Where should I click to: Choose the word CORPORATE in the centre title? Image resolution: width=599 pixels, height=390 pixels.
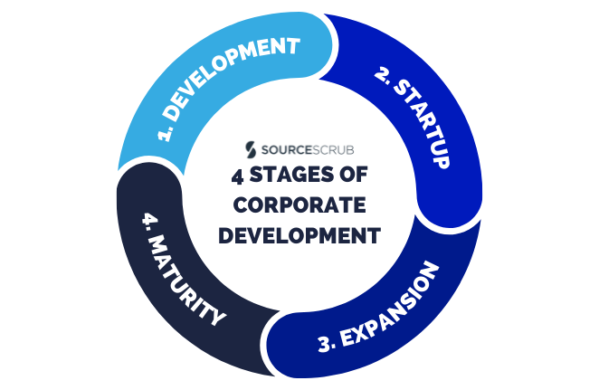click(299, 205)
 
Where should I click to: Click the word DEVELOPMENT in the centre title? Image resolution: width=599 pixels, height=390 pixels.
click(299, 235)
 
